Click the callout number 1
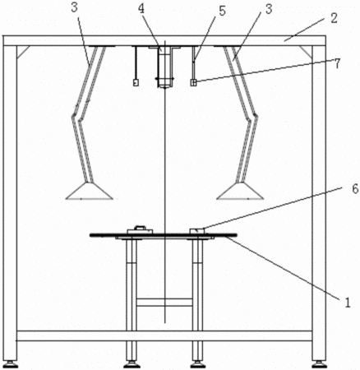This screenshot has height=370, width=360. click(x=348, y=303)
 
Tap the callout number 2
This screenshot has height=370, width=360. click(x=334, y=19)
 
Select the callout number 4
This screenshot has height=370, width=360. click(x=141, y=9)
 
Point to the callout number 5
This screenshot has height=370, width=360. click(x=222, y=12)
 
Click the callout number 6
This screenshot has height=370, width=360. click(x=355, y=189)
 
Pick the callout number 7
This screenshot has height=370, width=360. click(x=337, y=64)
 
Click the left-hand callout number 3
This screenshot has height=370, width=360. click(x=74, y=7)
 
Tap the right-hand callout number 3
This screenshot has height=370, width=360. click(x=269, y=9)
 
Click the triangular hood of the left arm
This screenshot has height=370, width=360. click(x=90, y=191)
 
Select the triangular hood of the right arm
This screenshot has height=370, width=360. click(x=240, y=191)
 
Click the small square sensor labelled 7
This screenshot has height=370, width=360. click(x=193, y=82)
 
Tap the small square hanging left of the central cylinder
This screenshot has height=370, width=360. click(x=136, y=82)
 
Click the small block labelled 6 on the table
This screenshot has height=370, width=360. click(x=197, y=231)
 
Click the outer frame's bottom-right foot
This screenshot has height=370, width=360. click(x=319, y=364)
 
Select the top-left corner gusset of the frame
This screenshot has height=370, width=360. click(x=21, y=51)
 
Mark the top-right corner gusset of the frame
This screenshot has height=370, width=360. click(x=307, y=51)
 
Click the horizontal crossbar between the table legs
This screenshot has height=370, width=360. click(x=164, y=303)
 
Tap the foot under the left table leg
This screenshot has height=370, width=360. click(x=132, y=364)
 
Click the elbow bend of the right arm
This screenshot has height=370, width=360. click(x=253, y=118)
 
